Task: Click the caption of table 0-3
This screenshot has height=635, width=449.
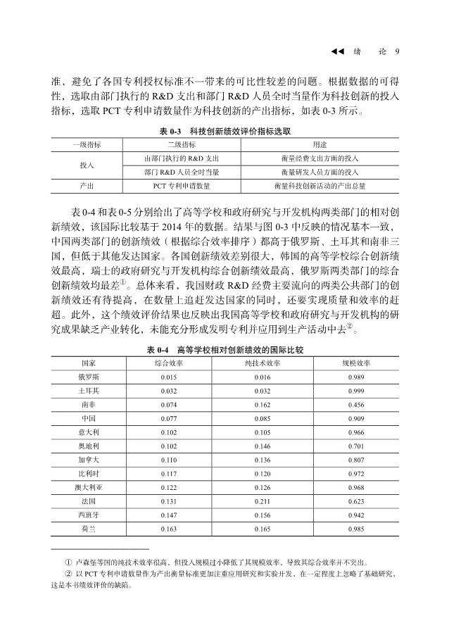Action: click(x=224, y=131)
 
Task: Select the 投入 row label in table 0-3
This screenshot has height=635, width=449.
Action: click(x=87, y=164)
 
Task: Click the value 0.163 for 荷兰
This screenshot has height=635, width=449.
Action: click(x=168, y=529)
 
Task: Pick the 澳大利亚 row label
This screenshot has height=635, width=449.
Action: click(x=89, y=488)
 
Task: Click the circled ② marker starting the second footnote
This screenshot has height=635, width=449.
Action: click(x=68, y=575)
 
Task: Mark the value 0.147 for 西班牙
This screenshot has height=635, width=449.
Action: click(x=168, y=515)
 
